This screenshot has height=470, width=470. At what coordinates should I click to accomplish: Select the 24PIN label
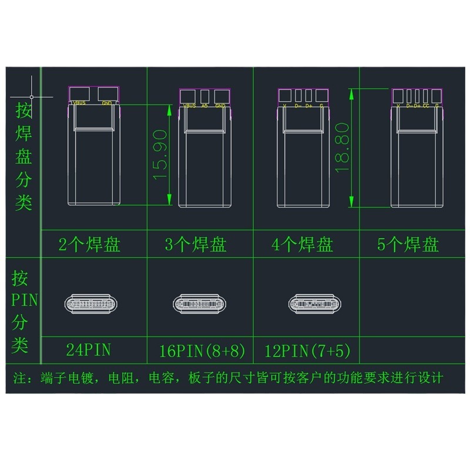[89, 351]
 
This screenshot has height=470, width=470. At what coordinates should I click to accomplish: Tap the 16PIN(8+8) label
[202, 351]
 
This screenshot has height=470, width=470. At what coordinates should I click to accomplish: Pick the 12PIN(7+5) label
[307, 351]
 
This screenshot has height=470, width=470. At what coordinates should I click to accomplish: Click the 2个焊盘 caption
[90, 244]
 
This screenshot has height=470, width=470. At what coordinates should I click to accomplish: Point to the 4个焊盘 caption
[303, 244]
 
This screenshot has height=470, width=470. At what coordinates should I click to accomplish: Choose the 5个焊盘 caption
[408, 244]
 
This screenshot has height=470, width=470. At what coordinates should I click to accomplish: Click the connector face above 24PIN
[91, 304]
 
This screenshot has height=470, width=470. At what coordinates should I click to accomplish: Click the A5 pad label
[204, 106]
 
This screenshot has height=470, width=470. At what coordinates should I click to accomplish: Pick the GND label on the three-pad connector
[220, 106]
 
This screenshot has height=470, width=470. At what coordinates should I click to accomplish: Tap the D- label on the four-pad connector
[297, 106]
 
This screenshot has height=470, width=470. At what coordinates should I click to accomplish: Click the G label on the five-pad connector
[437, 106]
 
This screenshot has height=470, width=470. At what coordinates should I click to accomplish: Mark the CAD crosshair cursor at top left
[32, 96]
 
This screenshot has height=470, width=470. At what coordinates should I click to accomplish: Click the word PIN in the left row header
[24, 301]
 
